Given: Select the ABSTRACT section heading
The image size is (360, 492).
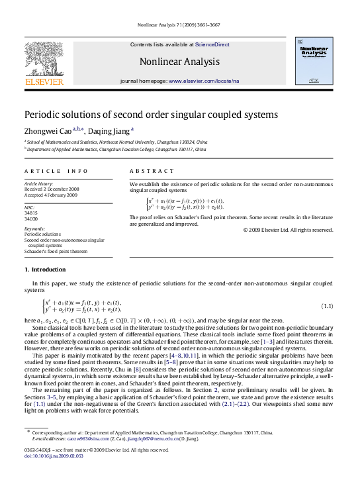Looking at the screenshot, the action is click(x=146, y=171).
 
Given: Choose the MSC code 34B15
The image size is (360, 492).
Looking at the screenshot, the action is click(x=32, y=212).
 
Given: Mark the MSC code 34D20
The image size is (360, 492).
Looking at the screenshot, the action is click(x=32, y=218).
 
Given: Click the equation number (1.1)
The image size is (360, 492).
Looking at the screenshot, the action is click(x=326, y=306).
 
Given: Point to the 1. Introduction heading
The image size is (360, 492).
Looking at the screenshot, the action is click(x=44, y=270).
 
